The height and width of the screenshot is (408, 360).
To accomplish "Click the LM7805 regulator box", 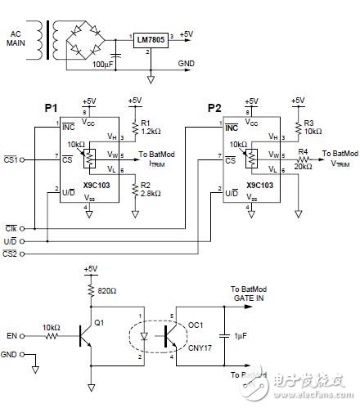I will [154, 38].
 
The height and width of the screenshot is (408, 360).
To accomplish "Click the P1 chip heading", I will [52, 108].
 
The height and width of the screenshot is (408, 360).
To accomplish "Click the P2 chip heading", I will [215, 108].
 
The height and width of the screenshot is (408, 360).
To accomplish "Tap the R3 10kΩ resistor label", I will [313, 127].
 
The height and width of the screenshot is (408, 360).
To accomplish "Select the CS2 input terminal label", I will [11, 254].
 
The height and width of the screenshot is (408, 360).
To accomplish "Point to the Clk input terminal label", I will [11, 230].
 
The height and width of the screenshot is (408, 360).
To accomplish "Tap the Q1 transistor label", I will [99, 322].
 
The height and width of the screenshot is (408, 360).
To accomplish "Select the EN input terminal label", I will [11, 335].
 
